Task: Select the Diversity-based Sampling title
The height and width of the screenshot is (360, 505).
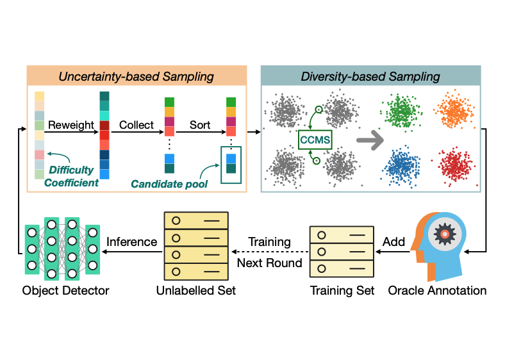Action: click(x=370, y=76)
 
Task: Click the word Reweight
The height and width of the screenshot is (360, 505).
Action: click(x=70, y=125)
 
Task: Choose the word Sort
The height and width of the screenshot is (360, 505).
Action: click(x=200, y=125)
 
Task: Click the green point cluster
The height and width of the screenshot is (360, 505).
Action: click(x=400, y=111)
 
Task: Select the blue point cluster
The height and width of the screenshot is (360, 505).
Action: click(x=400, y=165)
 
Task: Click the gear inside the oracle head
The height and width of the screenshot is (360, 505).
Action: click(x=443, y=234)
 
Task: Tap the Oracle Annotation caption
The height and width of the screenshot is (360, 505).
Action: click(x=437, y=290)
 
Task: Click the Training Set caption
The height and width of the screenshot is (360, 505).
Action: click(x=342, y=290)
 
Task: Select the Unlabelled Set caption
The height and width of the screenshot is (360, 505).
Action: click(x=196, y=290)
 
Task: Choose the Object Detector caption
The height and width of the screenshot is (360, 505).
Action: click(x=66, y=290)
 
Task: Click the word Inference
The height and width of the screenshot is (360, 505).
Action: click(x=131, y=242)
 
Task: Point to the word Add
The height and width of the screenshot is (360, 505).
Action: click(x=393, y=243)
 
